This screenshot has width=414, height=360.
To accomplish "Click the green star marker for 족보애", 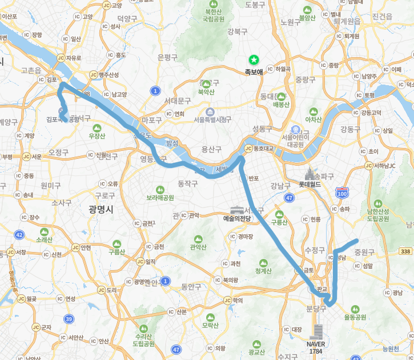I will point(254,59).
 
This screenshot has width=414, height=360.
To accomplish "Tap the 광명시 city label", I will point(101,210).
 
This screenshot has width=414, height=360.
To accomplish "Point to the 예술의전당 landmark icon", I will point(236,209).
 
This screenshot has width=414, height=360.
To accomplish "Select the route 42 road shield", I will point(19,234).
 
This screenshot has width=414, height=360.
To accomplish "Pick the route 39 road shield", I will point(69,318).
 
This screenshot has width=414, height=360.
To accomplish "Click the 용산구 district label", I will point(211,149).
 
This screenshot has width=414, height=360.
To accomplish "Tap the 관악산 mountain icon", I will point(198,239).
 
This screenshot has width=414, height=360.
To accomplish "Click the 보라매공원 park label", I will point(160,198).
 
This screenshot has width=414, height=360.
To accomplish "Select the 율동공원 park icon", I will point(355,309).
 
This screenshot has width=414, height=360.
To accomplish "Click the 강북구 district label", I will point(237,31).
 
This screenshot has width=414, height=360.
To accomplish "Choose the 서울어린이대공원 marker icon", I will point(295,129).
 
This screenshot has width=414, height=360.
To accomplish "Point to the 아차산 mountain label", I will point(313,119).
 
